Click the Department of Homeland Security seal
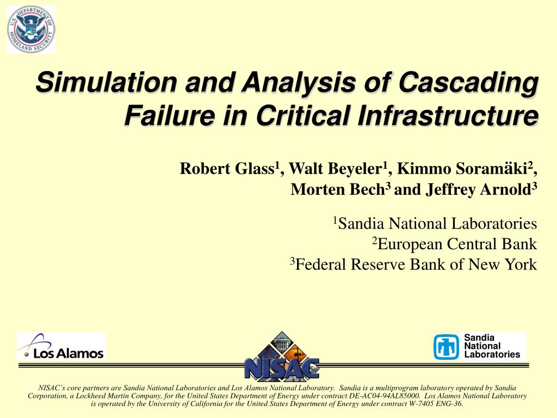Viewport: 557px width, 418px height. (31, 29)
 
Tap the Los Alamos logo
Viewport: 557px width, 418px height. (61, 347)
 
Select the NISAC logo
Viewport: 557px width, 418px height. (282, 356)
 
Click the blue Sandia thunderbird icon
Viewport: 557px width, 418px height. (446, 347)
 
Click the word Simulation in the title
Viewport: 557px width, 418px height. (106, 82)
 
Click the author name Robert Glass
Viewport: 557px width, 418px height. (227, 169)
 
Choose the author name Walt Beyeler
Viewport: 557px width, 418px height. (335, 169)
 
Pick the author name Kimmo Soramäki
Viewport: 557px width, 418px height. (462, 169)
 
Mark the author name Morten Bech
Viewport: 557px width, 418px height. (338, 189)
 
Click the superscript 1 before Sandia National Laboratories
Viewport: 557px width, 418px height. (335, 220)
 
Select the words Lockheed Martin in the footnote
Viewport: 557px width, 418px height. (98, 396)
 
